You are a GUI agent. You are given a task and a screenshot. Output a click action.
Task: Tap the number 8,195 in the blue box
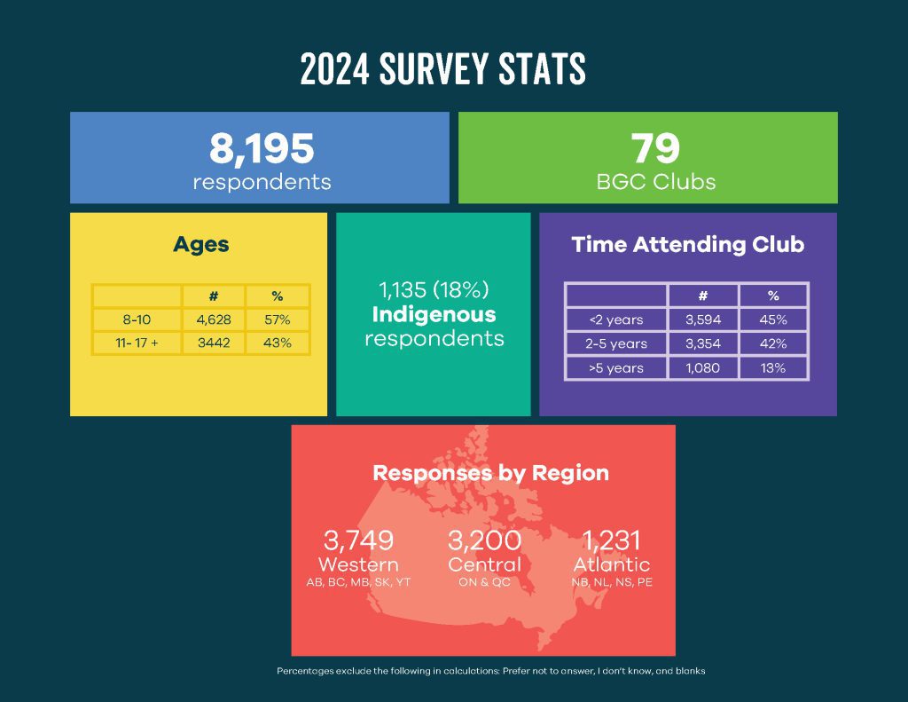coord(262,148)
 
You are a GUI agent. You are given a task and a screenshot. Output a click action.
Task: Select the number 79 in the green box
coord(655,148)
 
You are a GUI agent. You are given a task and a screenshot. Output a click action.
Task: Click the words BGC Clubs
coord(655,183)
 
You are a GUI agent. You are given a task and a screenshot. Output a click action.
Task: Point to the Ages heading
coord(200,245)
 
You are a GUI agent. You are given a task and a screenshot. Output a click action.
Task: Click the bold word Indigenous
coord(434,315)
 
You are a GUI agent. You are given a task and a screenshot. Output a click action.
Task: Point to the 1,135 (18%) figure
coord(434,290)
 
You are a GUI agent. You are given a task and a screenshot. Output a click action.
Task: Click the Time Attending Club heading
coord(687,245)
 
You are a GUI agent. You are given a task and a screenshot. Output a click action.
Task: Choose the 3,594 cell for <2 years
coord(703,319)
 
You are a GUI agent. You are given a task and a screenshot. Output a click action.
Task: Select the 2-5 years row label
coord(617,343)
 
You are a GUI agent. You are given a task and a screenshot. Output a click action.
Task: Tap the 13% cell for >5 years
coord(772,367)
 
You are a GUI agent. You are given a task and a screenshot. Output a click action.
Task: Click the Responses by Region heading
coord(490,473)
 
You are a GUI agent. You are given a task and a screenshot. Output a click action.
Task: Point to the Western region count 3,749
coord(358,540)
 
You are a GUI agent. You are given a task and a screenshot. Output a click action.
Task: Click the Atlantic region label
coord(612,565)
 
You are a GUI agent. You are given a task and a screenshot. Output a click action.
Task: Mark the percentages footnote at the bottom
coord(490,671)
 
